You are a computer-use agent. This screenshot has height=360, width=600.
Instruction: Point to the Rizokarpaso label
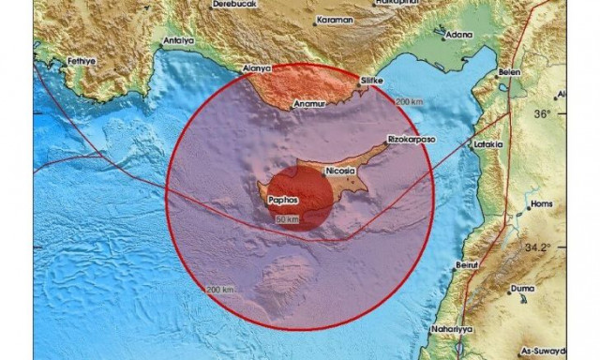coord(409,142)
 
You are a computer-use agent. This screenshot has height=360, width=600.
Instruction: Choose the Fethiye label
coord(82,61)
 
